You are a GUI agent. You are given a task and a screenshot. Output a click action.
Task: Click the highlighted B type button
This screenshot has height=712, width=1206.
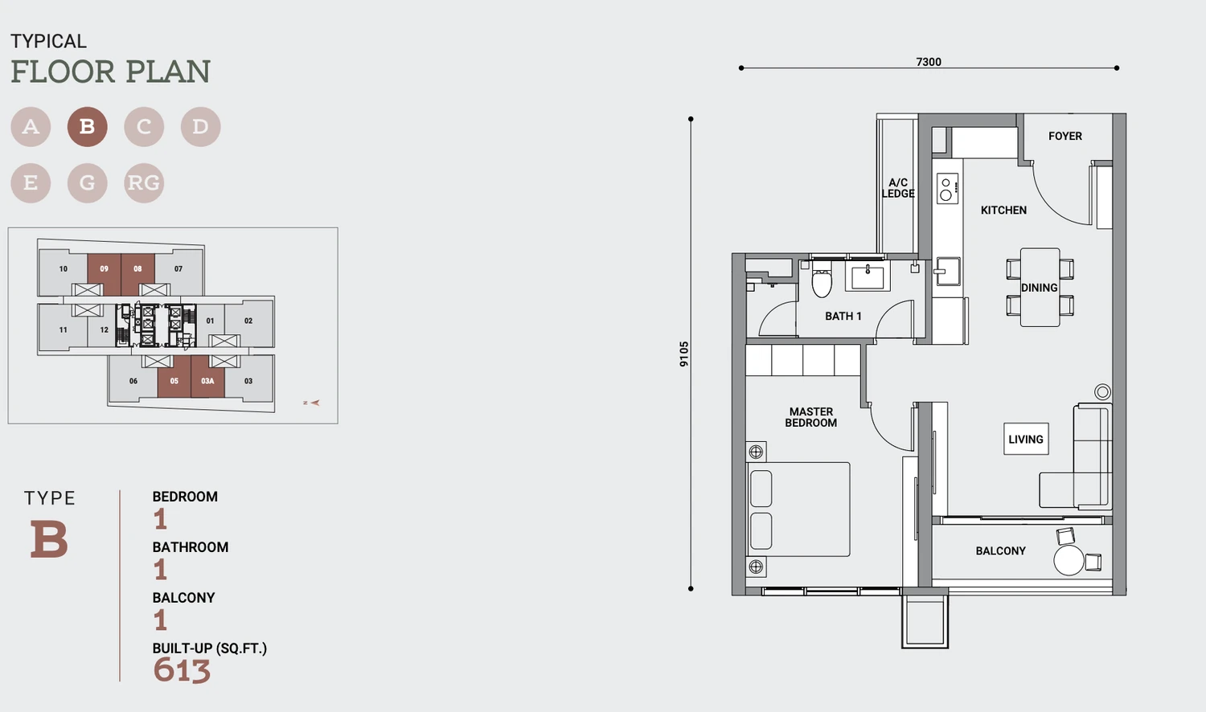point(87,126)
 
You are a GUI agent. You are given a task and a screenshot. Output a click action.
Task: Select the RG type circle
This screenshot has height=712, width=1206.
point(144,183)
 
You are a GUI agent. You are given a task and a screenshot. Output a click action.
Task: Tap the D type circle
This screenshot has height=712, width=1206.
point(200,126)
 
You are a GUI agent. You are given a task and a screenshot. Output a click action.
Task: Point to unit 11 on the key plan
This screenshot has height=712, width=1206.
point(63,329)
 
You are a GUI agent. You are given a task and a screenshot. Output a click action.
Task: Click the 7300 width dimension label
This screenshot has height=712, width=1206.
point(929,62)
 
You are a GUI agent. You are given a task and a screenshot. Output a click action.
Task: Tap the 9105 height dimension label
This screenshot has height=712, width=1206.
point(683,354)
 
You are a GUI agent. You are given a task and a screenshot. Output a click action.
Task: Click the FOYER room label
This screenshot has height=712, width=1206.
point(1065,136)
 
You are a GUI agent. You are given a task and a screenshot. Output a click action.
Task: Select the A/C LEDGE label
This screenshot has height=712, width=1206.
point(898,188)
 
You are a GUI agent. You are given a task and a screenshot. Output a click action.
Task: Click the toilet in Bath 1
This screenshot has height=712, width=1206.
point(822,280)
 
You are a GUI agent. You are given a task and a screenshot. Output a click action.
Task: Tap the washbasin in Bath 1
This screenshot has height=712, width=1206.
point(868,276)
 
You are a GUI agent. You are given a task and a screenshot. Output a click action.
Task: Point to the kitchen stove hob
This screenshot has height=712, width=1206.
point(948,188)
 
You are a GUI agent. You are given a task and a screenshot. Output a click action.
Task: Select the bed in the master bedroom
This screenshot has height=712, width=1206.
point(798,509)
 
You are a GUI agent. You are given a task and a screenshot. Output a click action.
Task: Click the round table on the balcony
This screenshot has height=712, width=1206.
point(1069,560)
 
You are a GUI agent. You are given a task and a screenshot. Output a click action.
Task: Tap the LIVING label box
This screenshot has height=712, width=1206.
point(1026,439)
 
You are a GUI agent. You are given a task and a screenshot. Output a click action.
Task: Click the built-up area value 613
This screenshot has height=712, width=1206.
point(182,670)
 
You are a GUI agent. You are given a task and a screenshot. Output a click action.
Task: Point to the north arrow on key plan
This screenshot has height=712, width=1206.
point(312,403)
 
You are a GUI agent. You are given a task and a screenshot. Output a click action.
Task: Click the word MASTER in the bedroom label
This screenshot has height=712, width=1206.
point(810,411)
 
